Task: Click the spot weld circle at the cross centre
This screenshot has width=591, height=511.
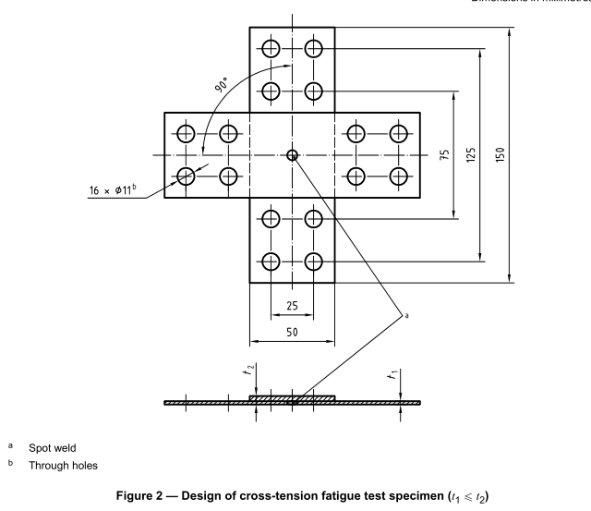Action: (292, 155)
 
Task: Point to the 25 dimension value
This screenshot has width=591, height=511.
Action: (292, 304)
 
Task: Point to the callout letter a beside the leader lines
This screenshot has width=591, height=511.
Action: (404, 315)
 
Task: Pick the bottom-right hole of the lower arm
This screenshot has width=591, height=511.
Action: (313, 261)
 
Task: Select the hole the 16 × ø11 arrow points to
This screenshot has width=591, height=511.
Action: (187, 176)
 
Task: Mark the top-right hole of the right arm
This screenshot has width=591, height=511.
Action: (398, 133)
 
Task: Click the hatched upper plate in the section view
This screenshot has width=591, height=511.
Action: (292, 398)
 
